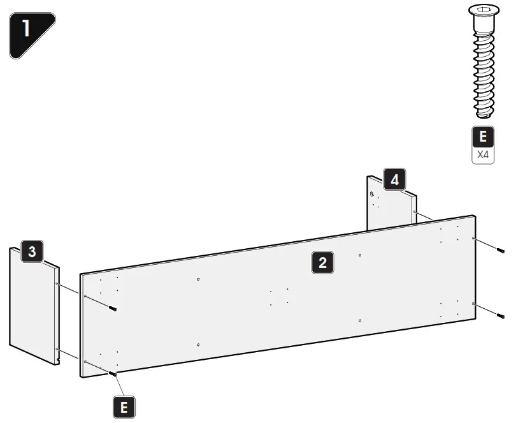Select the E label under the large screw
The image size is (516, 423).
pyautogui.click(x=482, y=137)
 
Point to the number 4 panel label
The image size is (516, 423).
pyautogui.click(x=394, y=181)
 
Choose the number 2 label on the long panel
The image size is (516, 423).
pyautogui.click(x=323, y=262)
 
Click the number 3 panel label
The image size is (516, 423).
pyautogui.click(x=32, y=251)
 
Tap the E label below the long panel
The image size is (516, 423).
pyautogui.click(x=124, y=406)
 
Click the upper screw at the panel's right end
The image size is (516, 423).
pyautogui.click(x=500, y=249)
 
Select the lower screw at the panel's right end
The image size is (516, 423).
pyautogui.click(x=500, y=315)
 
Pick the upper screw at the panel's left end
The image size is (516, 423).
pyautogui.click(x=113, y=309)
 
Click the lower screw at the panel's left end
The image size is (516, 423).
pyautogui.click(x=113, y=373)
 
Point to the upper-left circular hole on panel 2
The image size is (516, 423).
pyautogui.click(x=199, y=279)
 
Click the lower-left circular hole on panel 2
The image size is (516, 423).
pyautogui.click(x=199, y=344)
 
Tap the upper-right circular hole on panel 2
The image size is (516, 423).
pyautogui.click(x=360, y=255)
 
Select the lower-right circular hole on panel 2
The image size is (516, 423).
pyautogui.click(x=360, y=320)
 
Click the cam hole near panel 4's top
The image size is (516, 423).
pyautogui.click(x=372, y=193)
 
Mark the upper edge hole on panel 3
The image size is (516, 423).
pyautogui.click(x=57, y=283)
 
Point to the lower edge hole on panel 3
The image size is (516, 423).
pyautogui.click(x=57, y=349)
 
